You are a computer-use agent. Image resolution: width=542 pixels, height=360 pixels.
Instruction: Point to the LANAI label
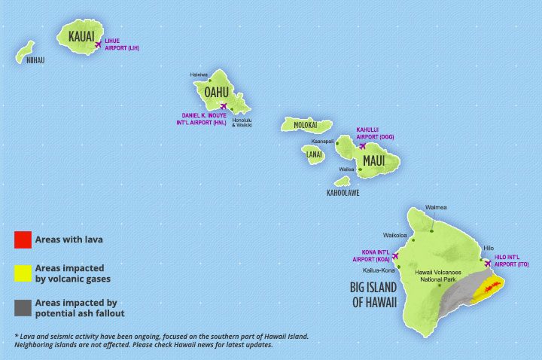click(x=315, y=155)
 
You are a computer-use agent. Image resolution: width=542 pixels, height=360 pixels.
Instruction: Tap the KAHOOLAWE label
click(x=343, y=193)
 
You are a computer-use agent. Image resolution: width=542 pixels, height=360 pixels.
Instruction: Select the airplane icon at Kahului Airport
click(x=361, y=145)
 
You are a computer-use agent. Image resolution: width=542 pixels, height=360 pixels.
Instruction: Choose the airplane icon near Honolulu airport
click(x=223, y=106)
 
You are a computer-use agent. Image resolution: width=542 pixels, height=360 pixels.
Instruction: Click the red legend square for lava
click(x=22, y=240)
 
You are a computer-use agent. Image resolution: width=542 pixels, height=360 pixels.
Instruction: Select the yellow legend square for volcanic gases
click(x=22, y=272)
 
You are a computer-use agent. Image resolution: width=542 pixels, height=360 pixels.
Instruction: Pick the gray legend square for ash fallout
click(x=22, y=307)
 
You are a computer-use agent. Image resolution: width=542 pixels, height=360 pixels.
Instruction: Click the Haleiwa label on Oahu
click(x=199, y=75)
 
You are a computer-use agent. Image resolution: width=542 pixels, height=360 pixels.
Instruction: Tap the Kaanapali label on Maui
click(x=321, y=141)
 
